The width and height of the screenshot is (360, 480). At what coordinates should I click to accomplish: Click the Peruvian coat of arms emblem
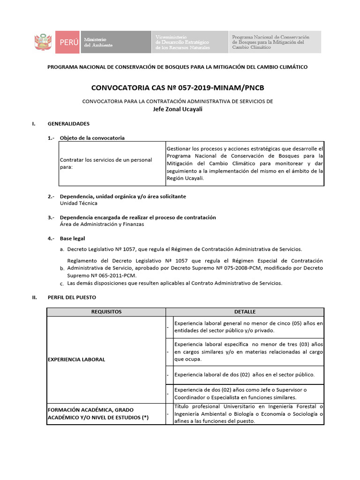pyautogui.click(x=44, y=42)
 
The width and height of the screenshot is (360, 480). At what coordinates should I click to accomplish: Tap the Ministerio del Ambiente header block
pyautogui.click(x=115, y=42)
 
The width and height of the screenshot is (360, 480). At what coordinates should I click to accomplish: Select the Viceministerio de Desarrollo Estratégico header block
pyautogui.click(x=189, y=42)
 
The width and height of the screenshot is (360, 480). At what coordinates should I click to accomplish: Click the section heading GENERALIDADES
pyautogui.click(x=68, y=124)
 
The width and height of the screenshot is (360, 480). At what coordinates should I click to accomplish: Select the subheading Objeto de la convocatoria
pyautogui.click(x=92, y=138)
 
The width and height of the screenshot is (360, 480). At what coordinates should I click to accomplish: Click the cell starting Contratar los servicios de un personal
pyautogui.click(x=106, y=163)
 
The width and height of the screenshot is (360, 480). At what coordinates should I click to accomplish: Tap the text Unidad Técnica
pyautogui.click(x=79, y=203)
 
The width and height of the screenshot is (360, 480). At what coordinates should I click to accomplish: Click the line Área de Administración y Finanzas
pyautogui.click(x=102, y=224)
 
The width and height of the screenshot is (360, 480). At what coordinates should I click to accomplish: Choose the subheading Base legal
pyautogui.click(x=72, y=239)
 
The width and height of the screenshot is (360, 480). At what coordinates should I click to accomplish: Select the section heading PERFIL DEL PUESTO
pyautogui.click(x=72, y=297)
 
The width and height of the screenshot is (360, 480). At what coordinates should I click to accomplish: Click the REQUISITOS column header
pyautogui.click(x=106, y=312)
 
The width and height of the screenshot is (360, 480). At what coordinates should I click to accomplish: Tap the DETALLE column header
pyautogui.click(x=245, y=312)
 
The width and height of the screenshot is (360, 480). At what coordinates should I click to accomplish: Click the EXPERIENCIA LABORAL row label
pyautogui.click(x=76, y=360)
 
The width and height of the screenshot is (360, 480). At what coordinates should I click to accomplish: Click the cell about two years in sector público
pyautogui.click(x=244, y=375)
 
